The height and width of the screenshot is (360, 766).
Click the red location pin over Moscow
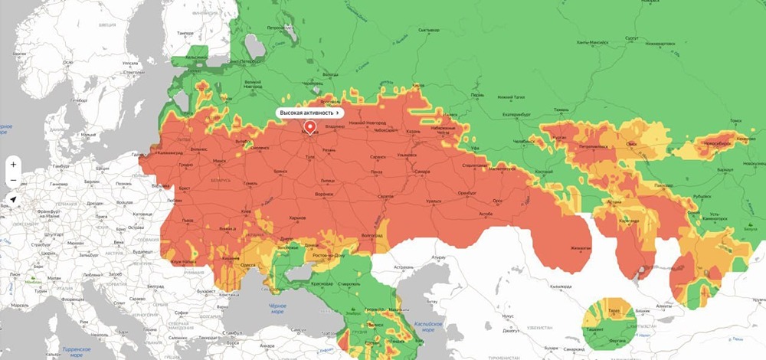[x=309, y=127]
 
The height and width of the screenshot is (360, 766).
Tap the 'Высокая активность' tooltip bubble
[x=309, y=113]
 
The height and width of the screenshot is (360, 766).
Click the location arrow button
[x=13, y=199]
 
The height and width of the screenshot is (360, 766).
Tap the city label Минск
[x=220, y=161]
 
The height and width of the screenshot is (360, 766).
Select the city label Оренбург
[x=467, y=192]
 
